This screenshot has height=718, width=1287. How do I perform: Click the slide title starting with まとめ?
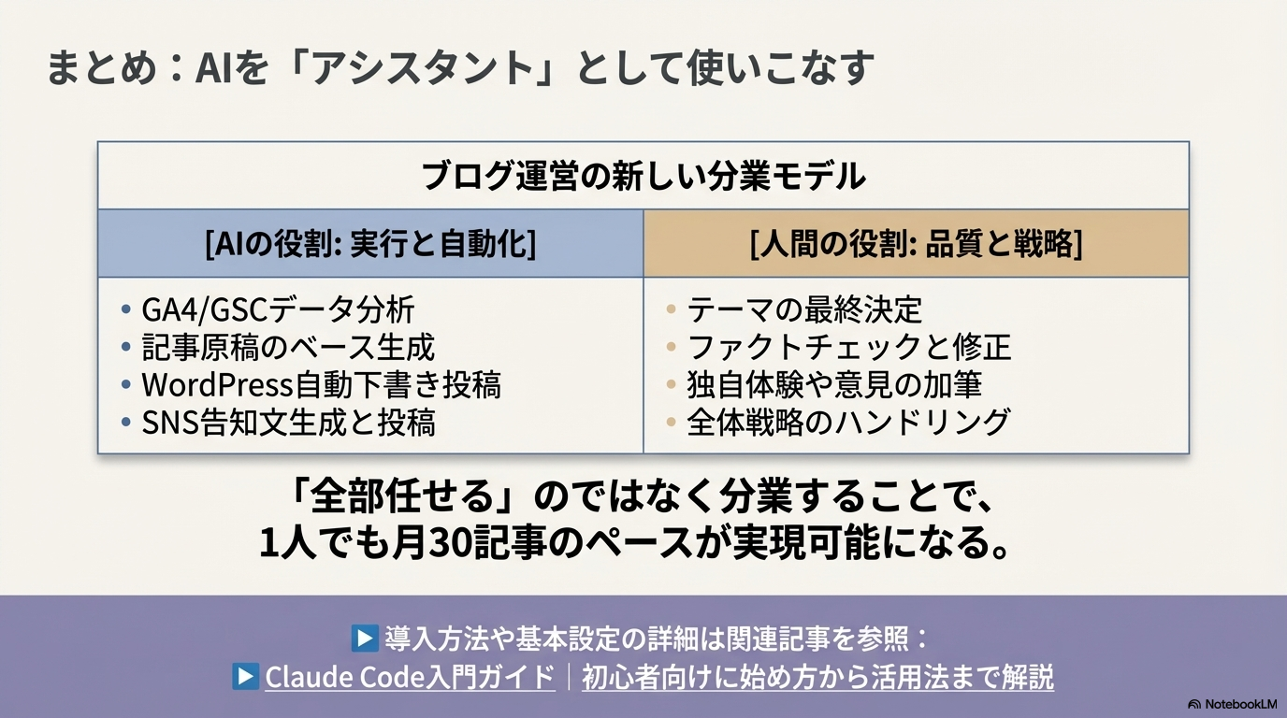click(x=459, y=68)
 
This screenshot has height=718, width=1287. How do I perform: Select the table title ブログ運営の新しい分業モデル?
click(x=643, y=176)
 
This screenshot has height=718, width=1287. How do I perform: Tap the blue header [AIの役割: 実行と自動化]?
click(x=370, y=243)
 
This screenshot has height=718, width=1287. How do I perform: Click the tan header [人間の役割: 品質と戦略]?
click(x=916, y=243)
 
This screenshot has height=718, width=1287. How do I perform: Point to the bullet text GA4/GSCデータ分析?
click(x=278, y=309)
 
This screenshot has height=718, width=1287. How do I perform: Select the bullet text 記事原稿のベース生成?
click(x=288, y=347)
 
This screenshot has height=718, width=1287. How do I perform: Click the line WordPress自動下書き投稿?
click(x=321, y=384)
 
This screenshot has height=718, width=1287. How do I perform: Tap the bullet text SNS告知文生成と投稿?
click(x=288, y=423)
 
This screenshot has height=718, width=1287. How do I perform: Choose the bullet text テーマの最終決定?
click(x=804, y=309)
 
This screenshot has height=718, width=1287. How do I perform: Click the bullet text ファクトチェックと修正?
click(x=849, y=347)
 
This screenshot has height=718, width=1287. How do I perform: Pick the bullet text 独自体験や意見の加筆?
click(x=834, y=384)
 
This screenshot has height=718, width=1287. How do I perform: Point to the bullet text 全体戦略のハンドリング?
click(x=848, y=423)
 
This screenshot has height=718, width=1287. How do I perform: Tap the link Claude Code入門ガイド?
click(x=410, y=677)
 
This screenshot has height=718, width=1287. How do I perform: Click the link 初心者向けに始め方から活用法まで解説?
click(x=817, y=677)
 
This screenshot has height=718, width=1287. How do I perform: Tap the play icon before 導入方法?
click(x=363, y=639)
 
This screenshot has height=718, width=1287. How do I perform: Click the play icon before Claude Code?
click(x=245, y=677)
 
